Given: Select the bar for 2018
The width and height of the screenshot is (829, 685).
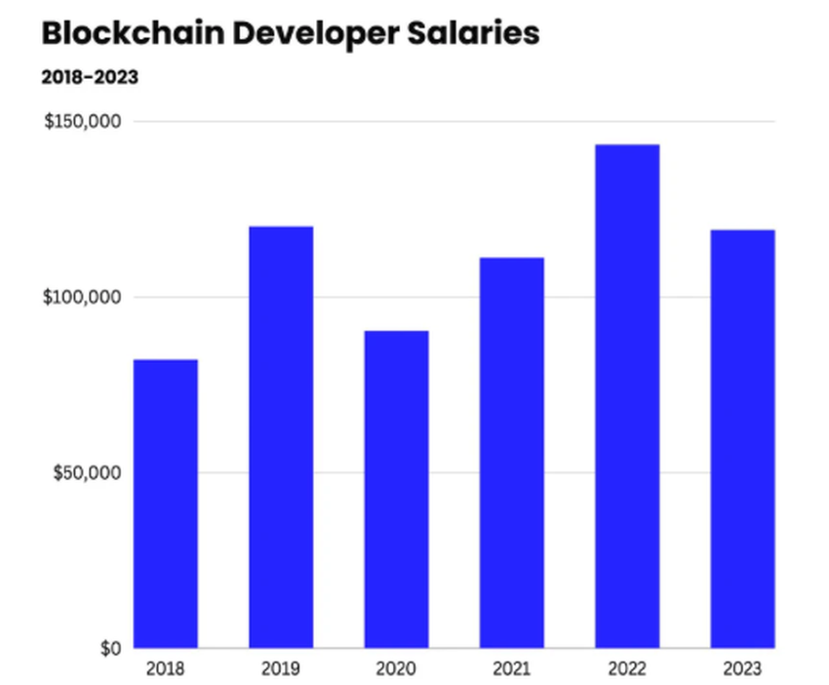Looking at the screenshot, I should point(166,504).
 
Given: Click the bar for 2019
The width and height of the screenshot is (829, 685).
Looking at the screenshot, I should point(281,437).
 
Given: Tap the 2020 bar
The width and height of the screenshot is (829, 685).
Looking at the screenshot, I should point(396,489).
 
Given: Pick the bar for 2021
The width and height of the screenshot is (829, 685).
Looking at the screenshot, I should point(511,453).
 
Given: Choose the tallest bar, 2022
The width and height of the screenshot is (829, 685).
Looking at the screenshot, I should point(627,396).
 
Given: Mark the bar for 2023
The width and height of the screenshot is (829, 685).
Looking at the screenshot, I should point(742,439).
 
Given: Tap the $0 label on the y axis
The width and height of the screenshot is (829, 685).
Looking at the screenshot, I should point(108,648).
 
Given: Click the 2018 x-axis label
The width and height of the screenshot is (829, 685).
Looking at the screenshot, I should point(166,669).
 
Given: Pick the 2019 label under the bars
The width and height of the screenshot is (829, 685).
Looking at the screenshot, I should point(281,669).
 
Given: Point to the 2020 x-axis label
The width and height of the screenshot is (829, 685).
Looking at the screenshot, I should point(396,669).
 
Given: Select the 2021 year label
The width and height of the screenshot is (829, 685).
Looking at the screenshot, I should point(511,669).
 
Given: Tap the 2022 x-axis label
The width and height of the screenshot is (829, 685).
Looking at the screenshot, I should point(627,669).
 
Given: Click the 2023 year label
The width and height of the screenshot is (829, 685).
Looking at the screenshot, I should point(742,669).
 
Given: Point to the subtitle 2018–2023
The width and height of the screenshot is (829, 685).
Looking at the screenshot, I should point(90,77).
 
